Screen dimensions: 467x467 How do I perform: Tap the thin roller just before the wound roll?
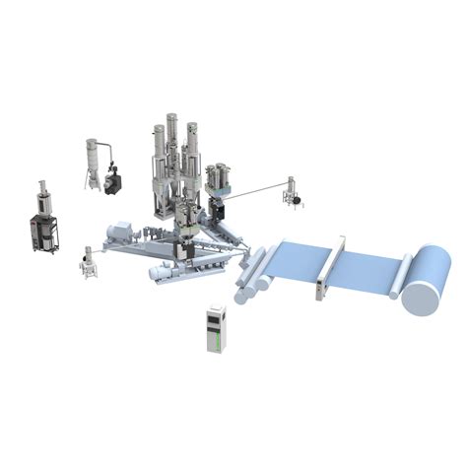click(x=402, y=276)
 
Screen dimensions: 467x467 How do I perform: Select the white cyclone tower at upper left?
click(x=94, y=160)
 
